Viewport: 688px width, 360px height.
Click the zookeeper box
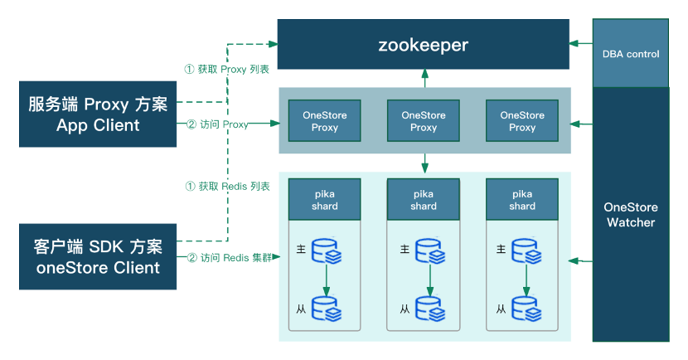pos(423,44)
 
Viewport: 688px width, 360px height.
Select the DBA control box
pos(631,53)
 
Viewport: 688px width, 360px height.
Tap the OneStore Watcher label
pos(631,214)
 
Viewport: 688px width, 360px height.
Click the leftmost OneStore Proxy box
pos(325,121)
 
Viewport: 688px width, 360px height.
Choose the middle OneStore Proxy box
pos(424,121)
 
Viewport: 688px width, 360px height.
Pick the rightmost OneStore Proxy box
pos(522,121)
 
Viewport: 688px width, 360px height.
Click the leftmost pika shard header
pos(325,199)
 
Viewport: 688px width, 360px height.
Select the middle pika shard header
pos(424,199)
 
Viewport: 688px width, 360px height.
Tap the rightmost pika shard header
pos(522,199)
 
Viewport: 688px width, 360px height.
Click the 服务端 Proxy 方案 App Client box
pos(98,114)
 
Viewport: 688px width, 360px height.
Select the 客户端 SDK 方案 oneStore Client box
pos(98,256)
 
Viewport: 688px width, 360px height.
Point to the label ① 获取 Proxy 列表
pos(227,69)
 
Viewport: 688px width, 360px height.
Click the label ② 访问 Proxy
pos(217,124)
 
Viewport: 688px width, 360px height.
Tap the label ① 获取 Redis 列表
pos(227,187)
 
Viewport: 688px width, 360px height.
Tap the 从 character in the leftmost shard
pos(303,309)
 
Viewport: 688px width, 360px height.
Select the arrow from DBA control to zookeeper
pos(580,44)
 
